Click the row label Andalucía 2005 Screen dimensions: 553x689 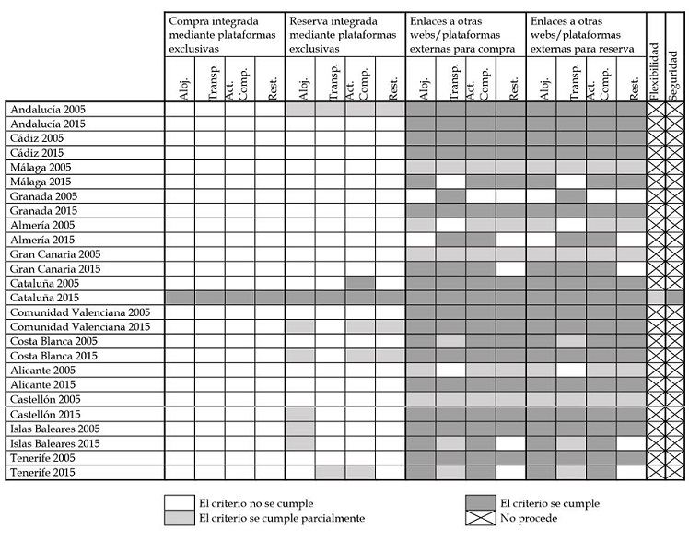tap(47, 109)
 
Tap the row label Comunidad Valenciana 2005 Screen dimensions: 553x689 tap(79, 312)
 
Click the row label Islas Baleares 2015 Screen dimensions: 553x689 tap(54, 443)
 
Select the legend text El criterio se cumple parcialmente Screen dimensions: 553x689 tap(282, 518)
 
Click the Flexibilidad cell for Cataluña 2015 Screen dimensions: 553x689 tap(655, 298)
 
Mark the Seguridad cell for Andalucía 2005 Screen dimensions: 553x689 tap(675, 109)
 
